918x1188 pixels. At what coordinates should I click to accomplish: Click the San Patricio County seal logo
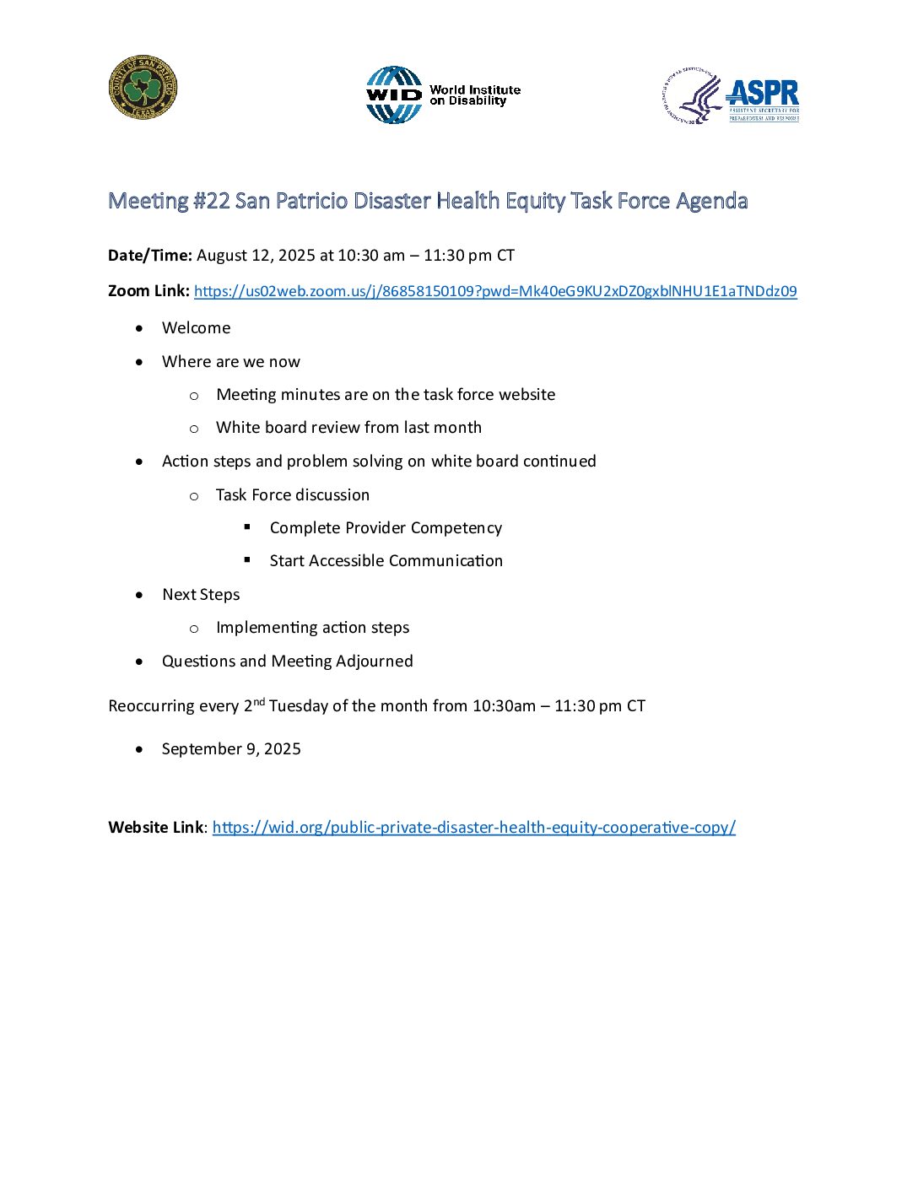click(143, 89)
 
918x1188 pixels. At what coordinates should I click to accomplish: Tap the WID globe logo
click(393, 95)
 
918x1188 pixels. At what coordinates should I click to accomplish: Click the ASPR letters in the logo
click(763, 93)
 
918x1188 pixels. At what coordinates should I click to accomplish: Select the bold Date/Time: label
click(150, 256)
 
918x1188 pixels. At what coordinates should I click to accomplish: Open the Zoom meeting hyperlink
click(495, 291)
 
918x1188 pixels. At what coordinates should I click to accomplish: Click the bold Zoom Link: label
click(148, 291)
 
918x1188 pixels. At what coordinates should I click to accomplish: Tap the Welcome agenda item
click(196, 328)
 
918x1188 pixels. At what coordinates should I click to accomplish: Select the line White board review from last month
click(348, 428)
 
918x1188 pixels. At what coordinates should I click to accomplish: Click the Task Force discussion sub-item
click(293, 495)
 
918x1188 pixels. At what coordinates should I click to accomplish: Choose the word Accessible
click(349, 561)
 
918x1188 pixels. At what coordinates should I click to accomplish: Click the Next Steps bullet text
click(201, 595)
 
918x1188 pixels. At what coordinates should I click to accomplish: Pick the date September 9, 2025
click(231, 749)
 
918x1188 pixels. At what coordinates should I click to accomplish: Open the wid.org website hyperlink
click(473, 828)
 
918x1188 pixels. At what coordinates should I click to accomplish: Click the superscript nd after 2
click(259, 701)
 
